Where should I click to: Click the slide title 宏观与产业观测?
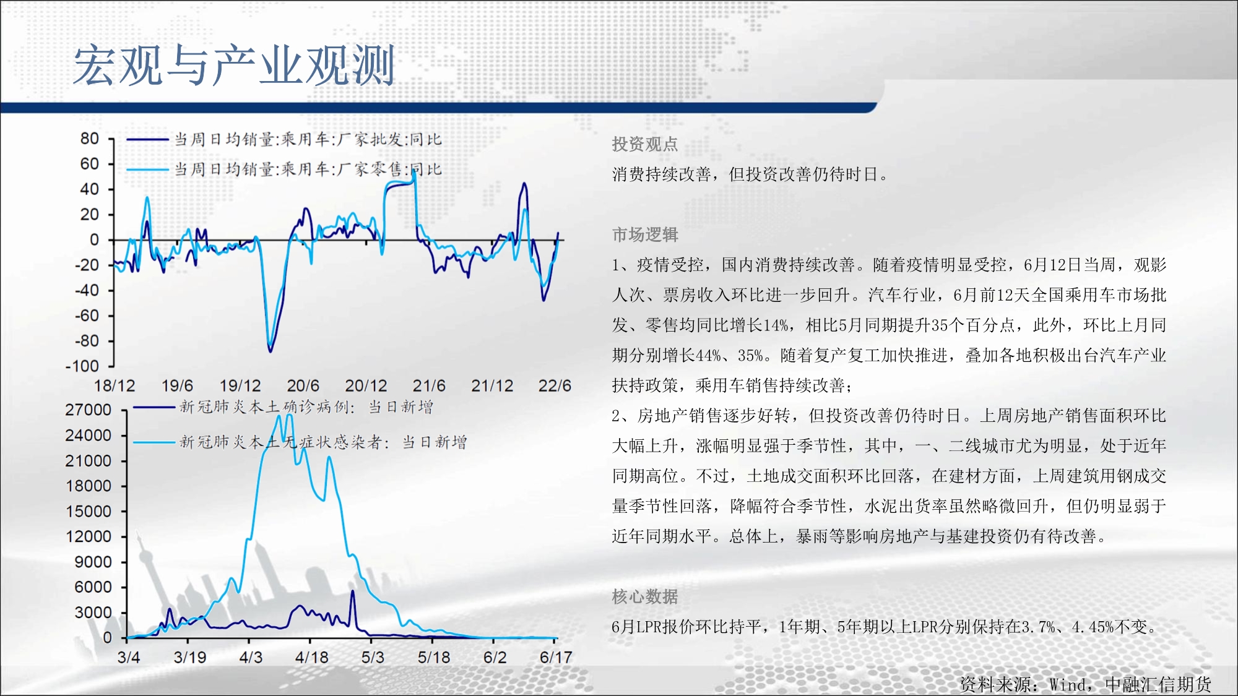[234, 65]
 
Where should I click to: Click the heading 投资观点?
[645, 144]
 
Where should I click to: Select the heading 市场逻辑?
[645, 234]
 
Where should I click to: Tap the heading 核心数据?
[645, 596]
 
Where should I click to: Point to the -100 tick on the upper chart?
[82, 366]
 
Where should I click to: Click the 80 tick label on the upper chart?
[90, 139]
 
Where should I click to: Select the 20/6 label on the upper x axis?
[303, 386]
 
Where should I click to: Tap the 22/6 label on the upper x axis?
[555, 386]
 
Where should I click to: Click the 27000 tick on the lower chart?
[89, 410]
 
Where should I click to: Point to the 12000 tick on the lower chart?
[89, 536]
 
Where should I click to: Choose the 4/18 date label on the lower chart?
[311, 657]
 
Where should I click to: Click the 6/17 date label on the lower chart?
[556, 657]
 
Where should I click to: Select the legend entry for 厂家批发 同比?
[284, 139]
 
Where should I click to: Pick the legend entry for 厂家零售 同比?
[284, 169]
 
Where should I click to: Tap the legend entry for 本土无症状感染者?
[300, 442]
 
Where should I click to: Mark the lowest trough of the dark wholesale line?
[270, 351]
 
